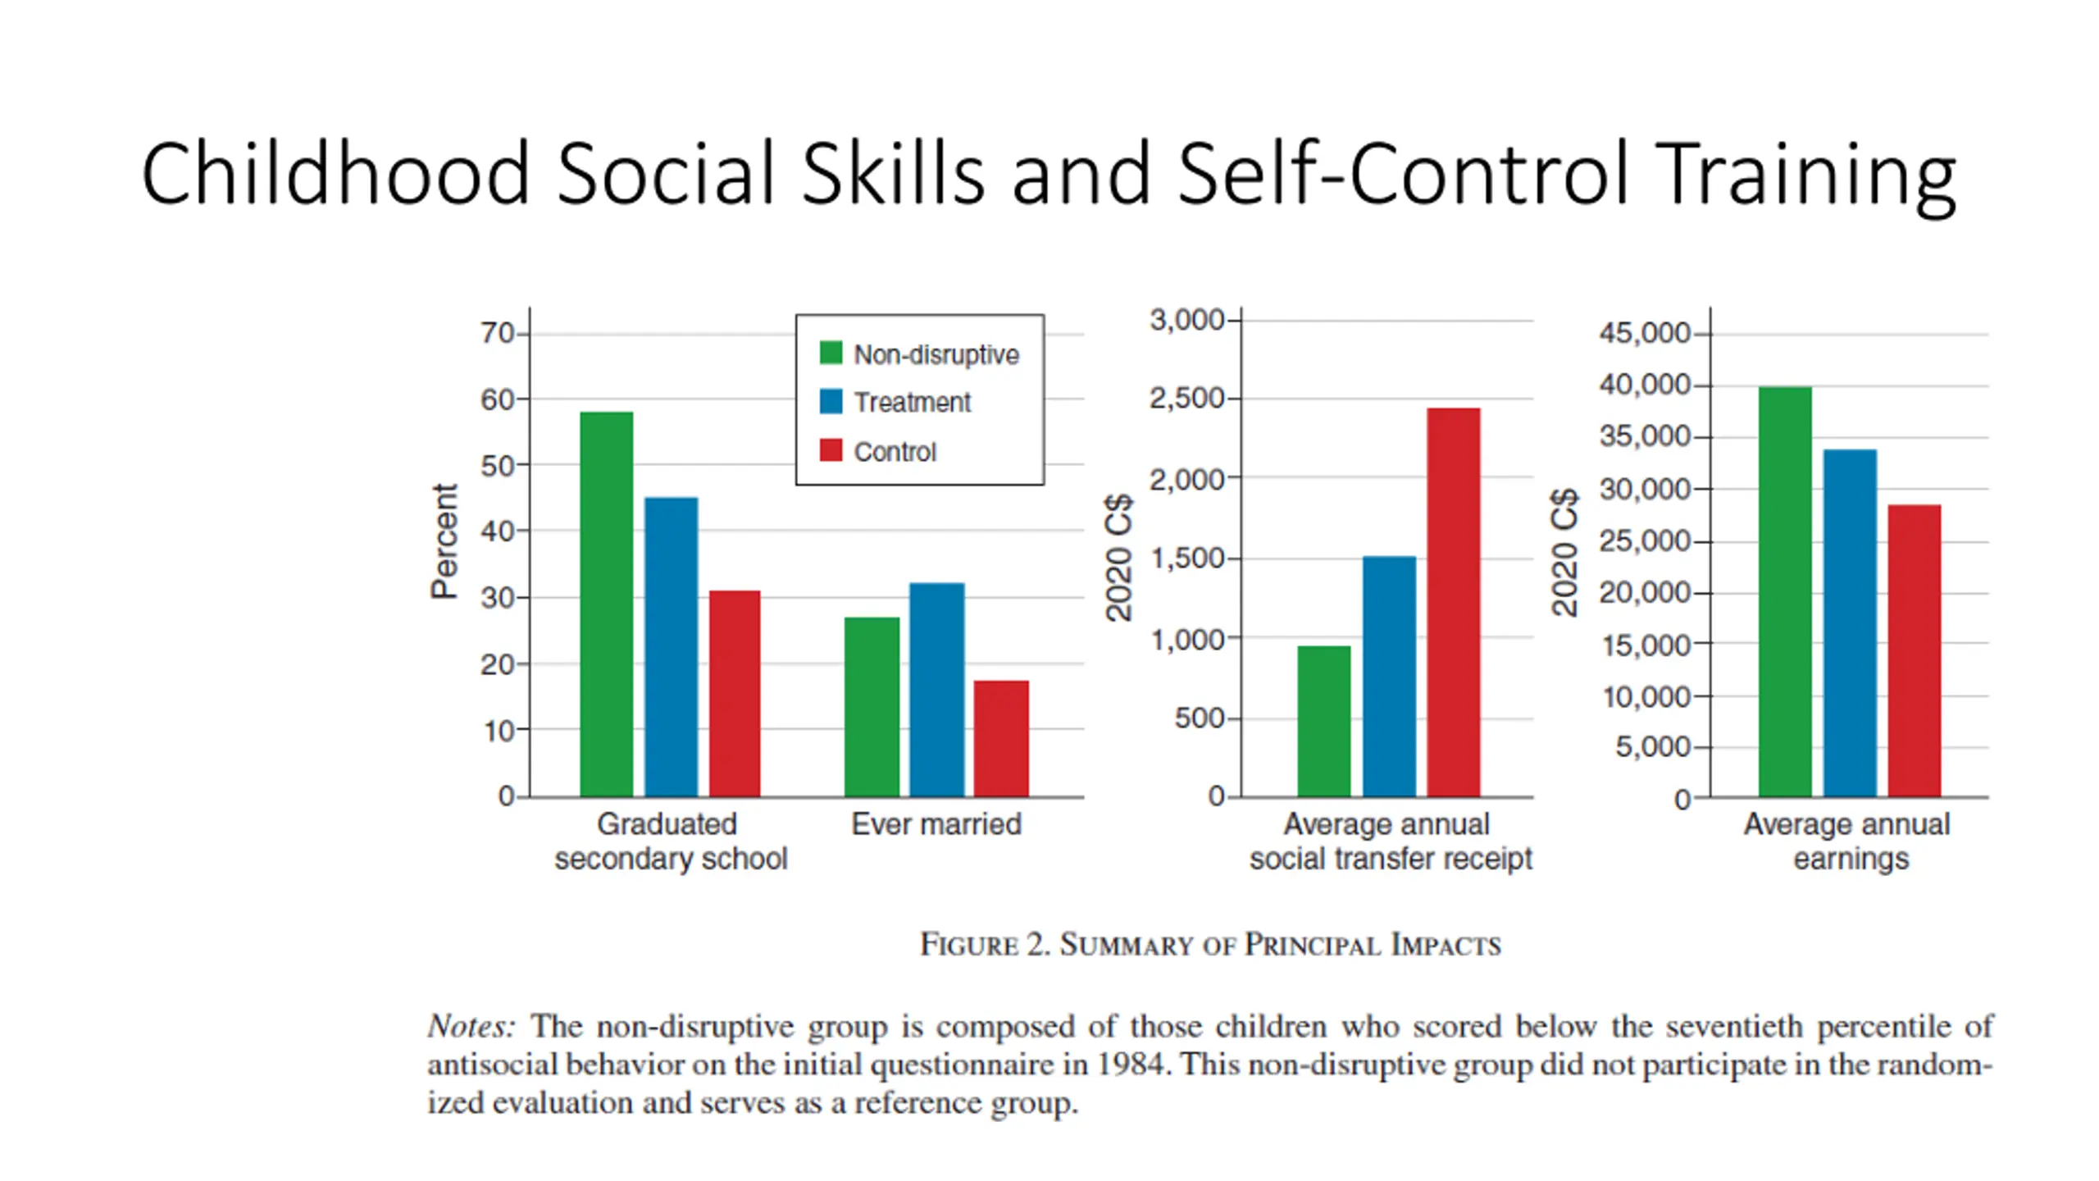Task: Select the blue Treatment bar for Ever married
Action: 936,690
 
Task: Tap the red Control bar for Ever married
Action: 1000,738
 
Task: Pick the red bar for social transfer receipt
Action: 1453,602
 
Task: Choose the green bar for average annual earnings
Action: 1785,591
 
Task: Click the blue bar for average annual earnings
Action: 1850,623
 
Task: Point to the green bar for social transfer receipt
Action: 1323,721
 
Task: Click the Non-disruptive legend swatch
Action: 831,353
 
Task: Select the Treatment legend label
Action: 912,403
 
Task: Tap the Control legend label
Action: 895,452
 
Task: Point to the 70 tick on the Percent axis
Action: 497,333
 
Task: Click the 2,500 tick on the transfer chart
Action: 1186,399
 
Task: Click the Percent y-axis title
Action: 444,541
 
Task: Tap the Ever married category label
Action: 936,824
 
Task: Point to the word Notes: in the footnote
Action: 471,1026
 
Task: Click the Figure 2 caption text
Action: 1210,945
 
